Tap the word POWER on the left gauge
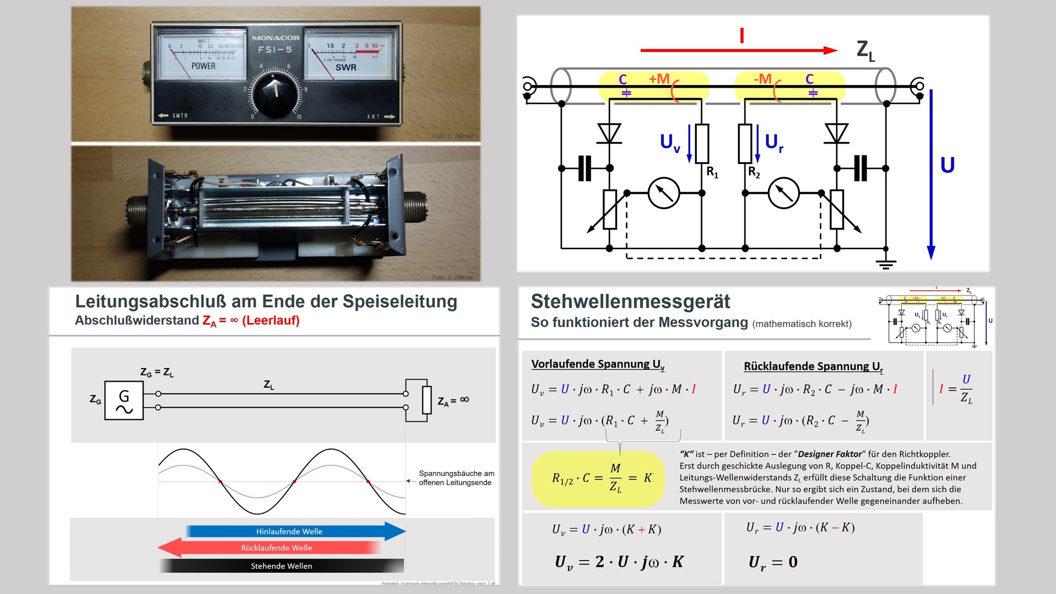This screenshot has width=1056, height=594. point(203,66)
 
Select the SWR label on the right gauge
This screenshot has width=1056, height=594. point(346,68)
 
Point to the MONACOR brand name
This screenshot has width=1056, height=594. point(276,38)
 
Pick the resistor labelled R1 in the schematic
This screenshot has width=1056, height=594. point(702,144)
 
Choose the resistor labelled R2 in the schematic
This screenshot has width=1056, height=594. point(745,144)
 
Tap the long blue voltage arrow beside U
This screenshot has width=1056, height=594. point(931,174)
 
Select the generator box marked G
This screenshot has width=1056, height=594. point(124,401)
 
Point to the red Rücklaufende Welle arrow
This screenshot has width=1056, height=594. point(269,548)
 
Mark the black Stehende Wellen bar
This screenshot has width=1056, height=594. point(281,566)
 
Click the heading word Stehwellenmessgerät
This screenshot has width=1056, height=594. point(630,301)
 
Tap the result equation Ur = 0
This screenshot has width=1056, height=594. point(773,562)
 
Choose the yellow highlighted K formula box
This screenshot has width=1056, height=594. point(598,478)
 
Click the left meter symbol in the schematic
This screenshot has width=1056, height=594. point(664,193)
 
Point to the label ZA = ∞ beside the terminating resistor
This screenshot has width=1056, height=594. point(453,401)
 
